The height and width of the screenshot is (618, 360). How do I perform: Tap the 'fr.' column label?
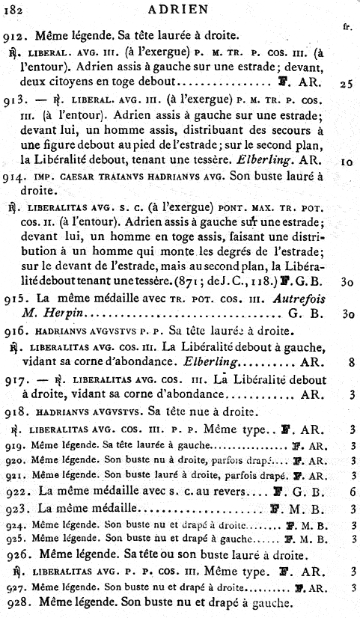click(347, 27)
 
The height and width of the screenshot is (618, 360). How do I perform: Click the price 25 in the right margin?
click(346, 84)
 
